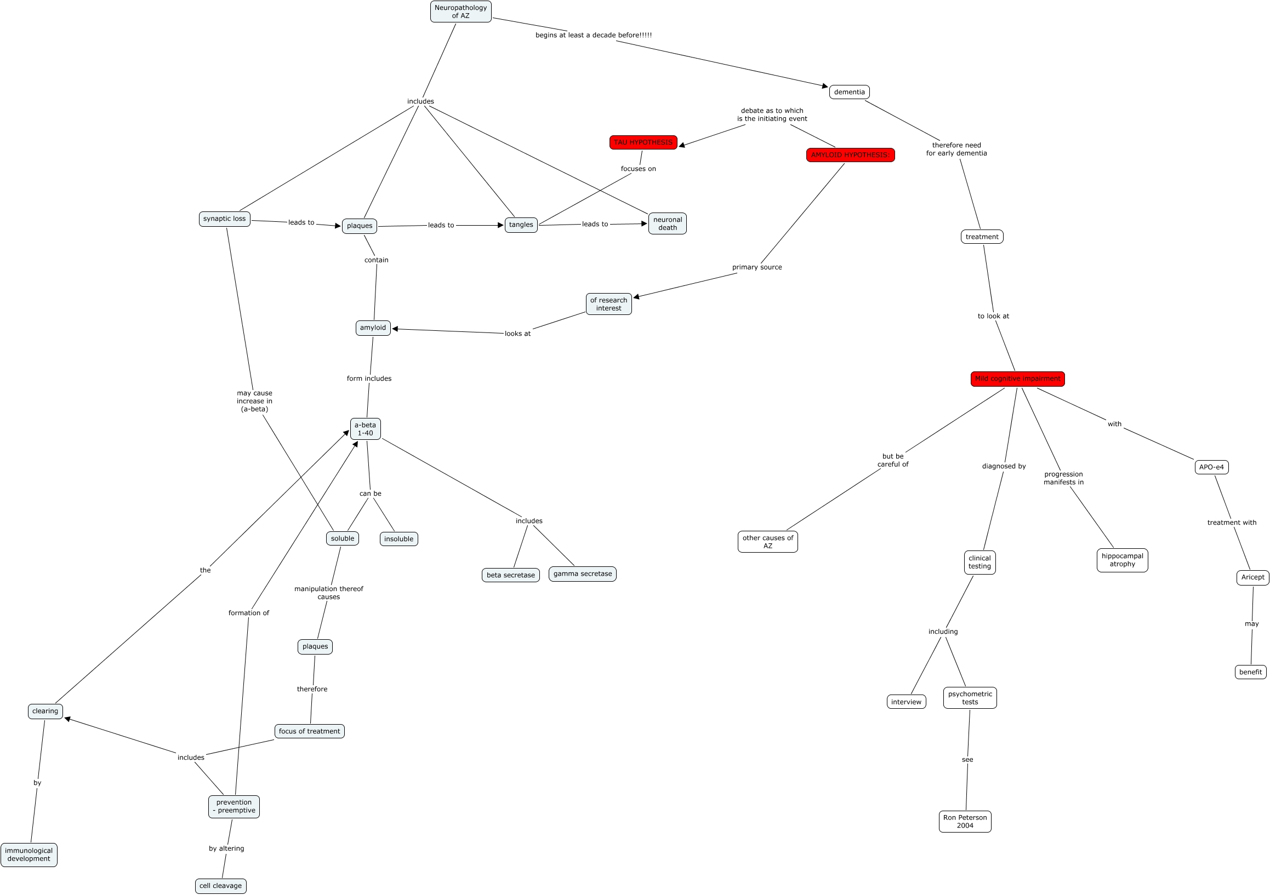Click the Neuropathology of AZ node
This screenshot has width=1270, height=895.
click(x=460, y=12)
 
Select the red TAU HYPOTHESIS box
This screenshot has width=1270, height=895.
click(x=643, y=142)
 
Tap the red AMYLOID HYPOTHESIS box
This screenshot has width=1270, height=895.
click(x=850, y=156)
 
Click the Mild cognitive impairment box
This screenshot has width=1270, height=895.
click(x=1017, y=378)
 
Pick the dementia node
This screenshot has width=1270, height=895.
click(x=849, y=93)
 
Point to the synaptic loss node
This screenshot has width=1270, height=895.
click(x=224, y=219)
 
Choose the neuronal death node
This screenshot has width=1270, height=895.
click(x=667, y=224)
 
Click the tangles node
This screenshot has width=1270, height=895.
click(x=521, y=225)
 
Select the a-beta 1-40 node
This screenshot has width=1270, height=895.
click(x=365, y=429)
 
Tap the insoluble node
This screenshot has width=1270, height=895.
click(x=398, y=539)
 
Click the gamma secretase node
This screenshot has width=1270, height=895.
click(x=582, y=574)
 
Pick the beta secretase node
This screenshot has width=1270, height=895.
click(x=510, y=575)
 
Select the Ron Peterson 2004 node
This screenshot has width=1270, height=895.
click(x=965, y=822)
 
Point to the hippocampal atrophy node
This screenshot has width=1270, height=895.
click(x=1122, y=560)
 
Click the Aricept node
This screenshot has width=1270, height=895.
click(x=1252, y=577)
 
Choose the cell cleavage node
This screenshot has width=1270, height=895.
click(x=220, y=886)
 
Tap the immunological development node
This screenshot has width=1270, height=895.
click(x=29, y=854)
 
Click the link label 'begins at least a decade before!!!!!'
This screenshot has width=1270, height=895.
click(x=593, y=36)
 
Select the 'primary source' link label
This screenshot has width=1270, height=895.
click(x=757, y=267)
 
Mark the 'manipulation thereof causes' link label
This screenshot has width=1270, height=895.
click(x=328, y=593)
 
